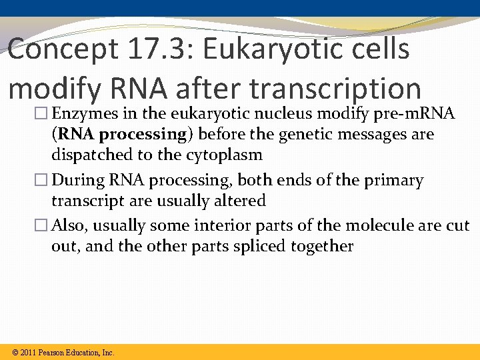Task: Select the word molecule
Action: pos(381,227)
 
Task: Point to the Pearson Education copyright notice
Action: pos(64,353)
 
